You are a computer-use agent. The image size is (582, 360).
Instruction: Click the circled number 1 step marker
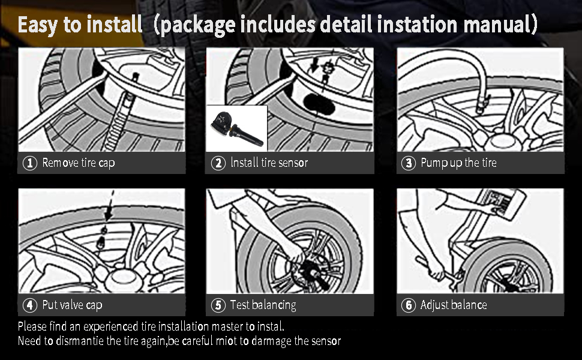[x=29, y=163]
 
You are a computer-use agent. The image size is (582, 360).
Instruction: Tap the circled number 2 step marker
[x=218, y=163]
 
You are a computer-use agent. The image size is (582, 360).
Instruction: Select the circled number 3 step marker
[x=408, y=163]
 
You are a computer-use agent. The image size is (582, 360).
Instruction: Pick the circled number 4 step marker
[x=29, y=305]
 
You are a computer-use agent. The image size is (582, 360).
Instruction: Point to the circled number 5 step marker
[x=218, y=305]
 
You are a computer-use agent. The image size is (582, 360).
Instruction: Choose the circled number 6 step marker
[x=408, y=305]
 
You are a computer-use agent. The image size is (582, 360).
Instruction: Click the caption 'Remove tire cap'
[x=78, y=163]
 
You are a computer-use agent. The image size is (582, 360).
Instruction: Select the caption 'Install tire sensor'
[x=269, y=163]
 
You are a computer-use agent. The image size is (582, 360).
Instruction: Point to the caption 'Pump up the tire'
[x=458, y=163]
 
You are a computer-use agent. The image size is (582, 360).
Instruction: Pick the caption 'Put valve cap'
[x=72, y=305]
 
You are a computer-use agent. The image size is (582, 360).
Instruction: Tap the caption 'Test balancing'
[x=263, y=305]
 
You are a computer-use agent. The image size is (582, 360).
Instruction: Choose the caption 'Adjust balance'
[x=453, y=305]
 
